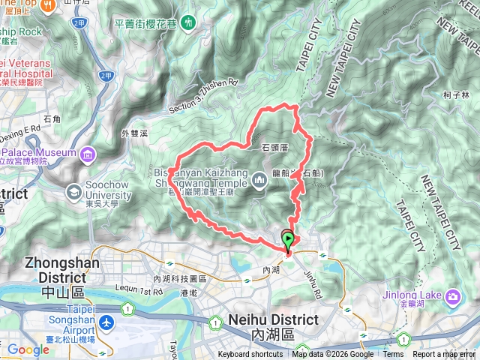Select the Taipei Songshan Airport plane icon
point(107,322)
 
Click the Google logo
point(28,349)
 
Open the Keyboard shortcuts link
point(250,355)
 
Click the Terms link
point(392,355)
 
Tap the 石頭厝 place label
point(274,148)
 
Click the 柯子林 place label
point(456,95)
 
